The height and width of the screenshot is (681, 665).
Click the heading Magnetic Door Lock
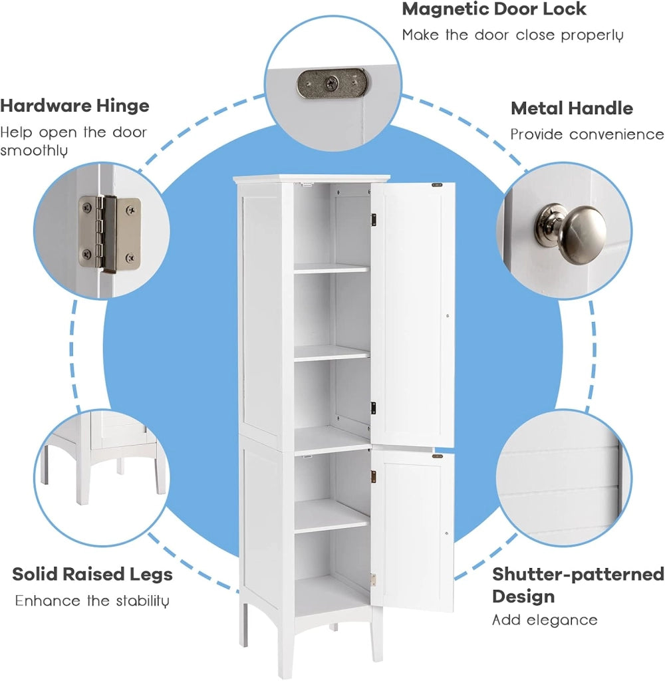pyautogui.click(x=494, y=9)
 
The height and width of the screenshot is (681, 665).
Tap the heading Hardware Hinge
pyautogui.click(x=74, y=106)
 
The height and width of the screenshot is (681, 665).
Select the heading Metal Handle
pyautogui.click(x=572, y=108)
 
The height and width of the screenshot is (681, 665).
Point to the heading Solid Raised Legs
pyautogui.click(x=92, y=575)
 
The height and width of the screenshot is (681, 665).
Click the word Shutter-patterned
pyautogui.click(x=578, y=574)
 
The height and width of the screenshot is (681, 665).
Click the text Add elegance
pyautogui.click(x=545, y=620)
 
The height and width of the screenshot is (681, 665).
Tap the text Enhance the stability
pyautogui.click(x=92, y=601)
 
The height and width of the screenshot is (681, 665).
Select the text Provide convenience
pyautogui.click(x=587, y=134)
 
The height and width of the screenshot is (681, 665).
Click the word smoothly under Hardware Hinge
pyautogui.click(x=34, y=151)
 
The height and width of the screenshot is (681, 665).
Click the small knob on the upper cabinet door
pyautogui.click(x=448, y=316)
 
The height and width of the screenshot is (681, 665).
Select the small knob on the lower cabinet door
pyautogui.click(x=447, y=533)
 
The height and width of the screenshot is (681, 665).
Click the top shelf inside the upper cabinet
pyautogui.click(x=331, y=268)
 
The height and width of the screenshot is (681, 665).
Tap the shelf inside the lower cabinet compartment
pyautogui.click(x=332, y=516)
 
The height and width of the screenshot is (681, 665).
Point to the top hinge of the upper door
pyautogui.click(x=373, y=219)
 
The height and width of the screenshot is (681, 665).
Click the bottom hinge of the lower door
pyautogui.click(x=372, y=579)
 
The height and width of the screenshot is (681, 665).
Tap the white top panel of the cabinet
pyautogui.click(x=311, y=178)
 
